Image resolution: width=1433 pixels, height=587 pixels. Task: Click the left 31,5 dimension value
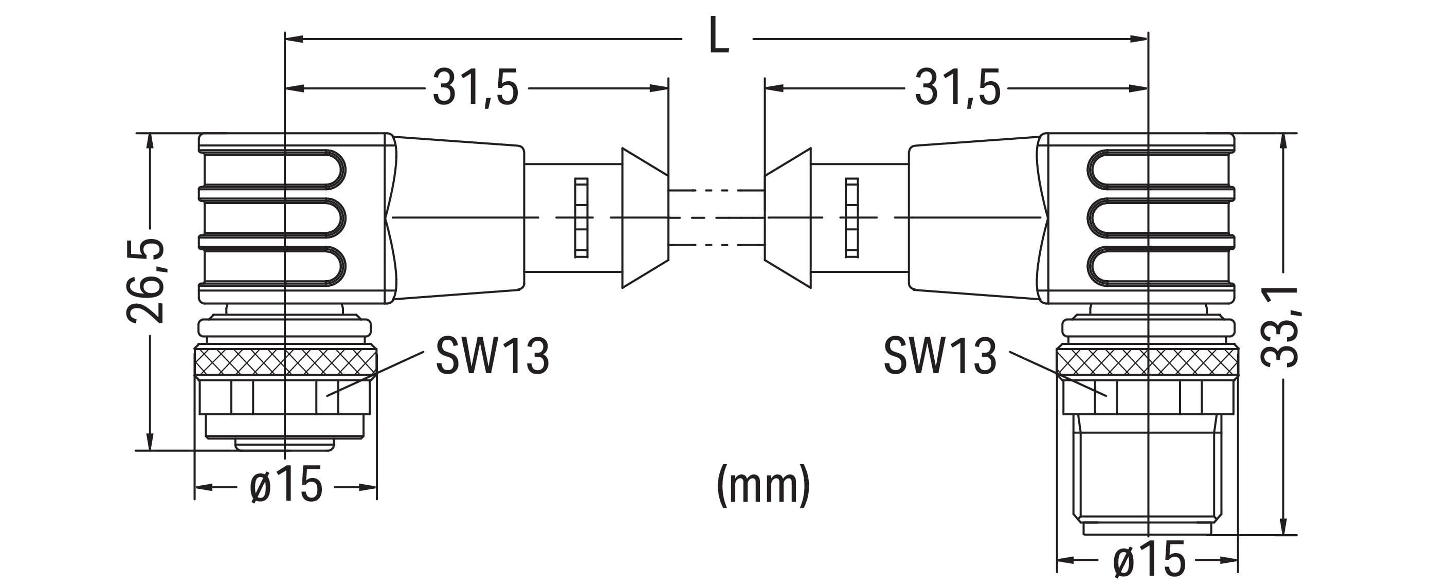[476, 88]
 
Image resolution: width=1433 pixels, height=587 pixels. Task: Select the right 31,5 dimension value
[957, 88]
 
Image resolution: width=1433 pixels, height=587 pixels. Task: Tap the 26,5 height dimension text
[146, 281]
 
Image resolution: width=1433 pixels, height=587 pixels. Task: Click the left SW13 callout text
[492, 356]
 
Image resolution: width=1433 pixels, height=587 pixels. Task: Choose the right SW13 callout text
[940, 356]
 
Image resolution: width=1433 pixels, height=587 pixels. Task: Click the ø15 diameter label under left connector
[286, 484]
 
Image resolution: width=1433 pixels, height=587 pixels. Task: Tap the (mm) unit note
[763, 485]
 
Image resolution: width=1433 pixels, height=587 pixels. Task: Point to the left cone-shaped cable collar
[644, 217]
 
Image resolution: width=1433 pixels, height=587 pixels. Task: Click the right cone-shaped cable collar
[788, 217]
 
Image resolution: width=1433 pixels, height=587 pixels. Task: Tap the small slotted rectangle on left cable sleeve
[582, 217]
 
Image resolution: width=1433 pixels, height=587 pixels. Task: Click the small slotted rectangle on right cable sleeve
[851, 217]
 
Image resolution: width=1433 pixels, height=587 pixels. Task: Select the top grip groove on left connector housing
[273, 169]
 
